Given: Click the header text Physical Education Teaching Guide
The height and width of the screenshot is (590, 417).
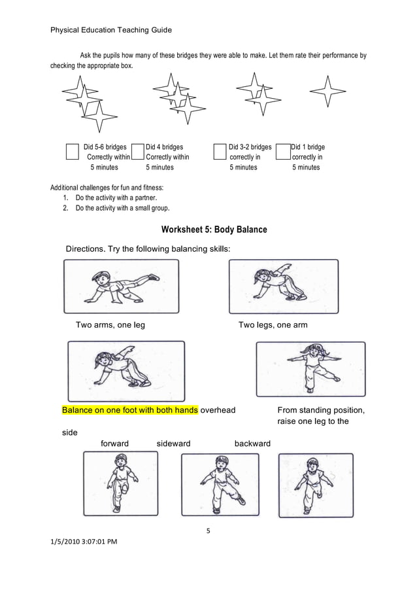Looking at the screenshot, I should point(111,30).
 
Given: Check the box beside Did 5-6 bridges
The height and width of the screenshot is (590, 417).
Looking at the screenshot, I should point(73,152).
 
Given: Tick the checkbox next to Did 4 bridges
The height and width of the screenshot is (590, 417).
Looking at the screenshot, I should point(137,152).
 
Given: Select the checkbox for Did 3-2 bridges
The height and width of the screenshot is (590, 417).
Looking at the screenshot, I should point(220,152).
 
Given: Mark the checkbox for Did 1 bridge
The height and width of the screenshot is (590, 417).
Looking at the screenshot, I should point(283,152).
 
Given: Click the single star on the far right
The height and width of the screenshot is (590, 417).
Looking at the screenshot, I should point(327,92).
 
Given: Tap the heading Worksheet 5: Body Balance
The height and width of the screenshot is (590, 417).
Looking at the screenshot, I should point(214,230).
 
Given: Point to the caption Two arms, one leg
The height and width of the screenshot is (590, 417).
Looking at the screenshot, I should point(110,325).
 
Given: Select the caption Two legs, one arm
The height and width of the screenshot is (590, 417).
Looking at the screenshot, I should point(273,325).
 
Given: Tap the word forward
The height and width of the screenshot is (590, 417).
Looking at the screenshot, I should point(114,443).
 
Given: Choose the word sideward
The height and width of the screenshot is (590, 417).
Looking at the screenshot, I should point(173,443).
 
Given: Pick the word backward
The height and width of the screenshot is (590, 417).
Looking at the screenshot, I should point(252,443).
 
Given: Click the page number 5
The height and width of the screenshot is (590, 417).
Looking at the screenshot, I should point(208,530).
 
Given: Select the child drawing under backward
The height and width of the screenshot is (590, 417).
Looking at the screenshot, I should point(316,485).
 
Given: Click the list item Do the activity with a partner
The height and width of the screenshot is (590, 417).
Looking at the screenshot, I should point(116,198).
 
